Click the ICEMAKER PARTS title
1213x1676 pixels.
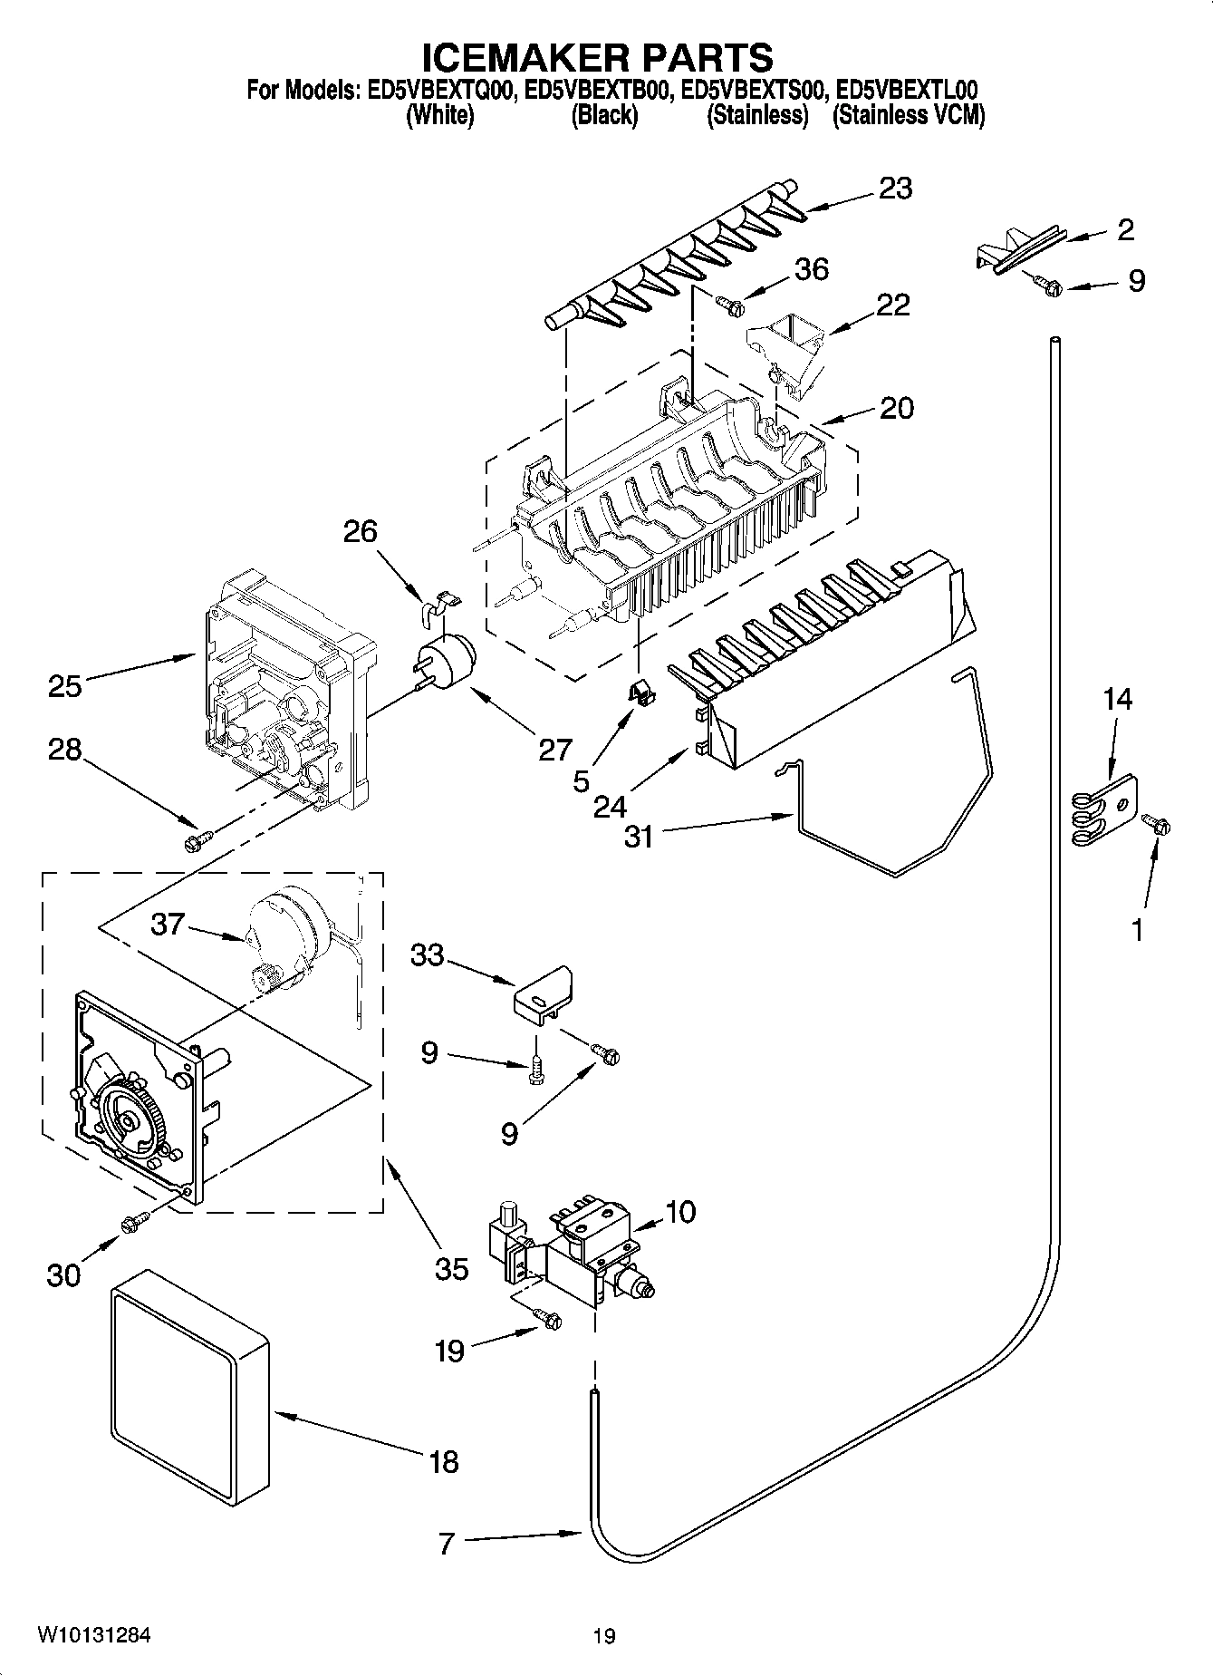599,56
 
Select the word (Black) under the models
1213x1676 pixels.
603,116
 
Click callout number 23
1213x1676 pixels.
894,189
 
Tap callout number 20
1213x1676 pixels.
896,408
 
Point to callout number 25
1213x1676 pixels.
65,685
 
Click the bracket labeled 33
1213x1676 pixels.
543,994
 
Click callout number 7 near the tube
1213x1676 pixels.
446,1544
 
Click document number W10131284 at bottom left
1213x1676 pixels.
93,1635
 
